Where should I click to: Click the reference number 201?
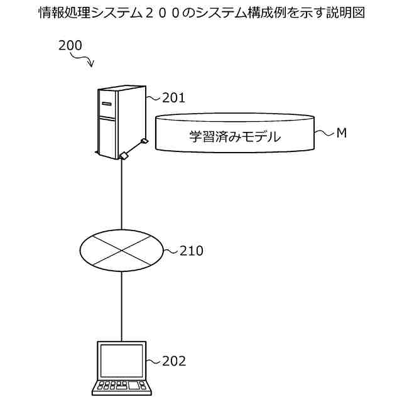pyautogui.click(x=173, y=97)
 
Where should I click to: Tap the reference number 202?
pyautogui.click(x=174, y=361)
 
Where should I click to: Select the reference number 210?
pyautogui.click(x=192, y=251)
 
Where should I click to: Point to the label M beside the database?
pyautogui.click(x=342, y=133)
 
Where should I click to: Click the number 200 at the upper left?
pyautogui.click(x=70, y=45)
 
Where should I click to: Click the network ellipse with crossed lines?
pyautogui.click(x=121, y=250)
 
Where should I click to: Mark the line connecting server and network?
pyautogui.click(x=121, y=195)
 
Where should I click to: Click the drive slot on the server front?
pyautogui.click(x=107, y=102)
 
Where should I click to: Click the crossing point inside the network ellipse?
pyautogui.click(x=121, y=250)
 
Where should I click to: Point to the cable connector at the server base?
pyautogui.click(x=124, y=156)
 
